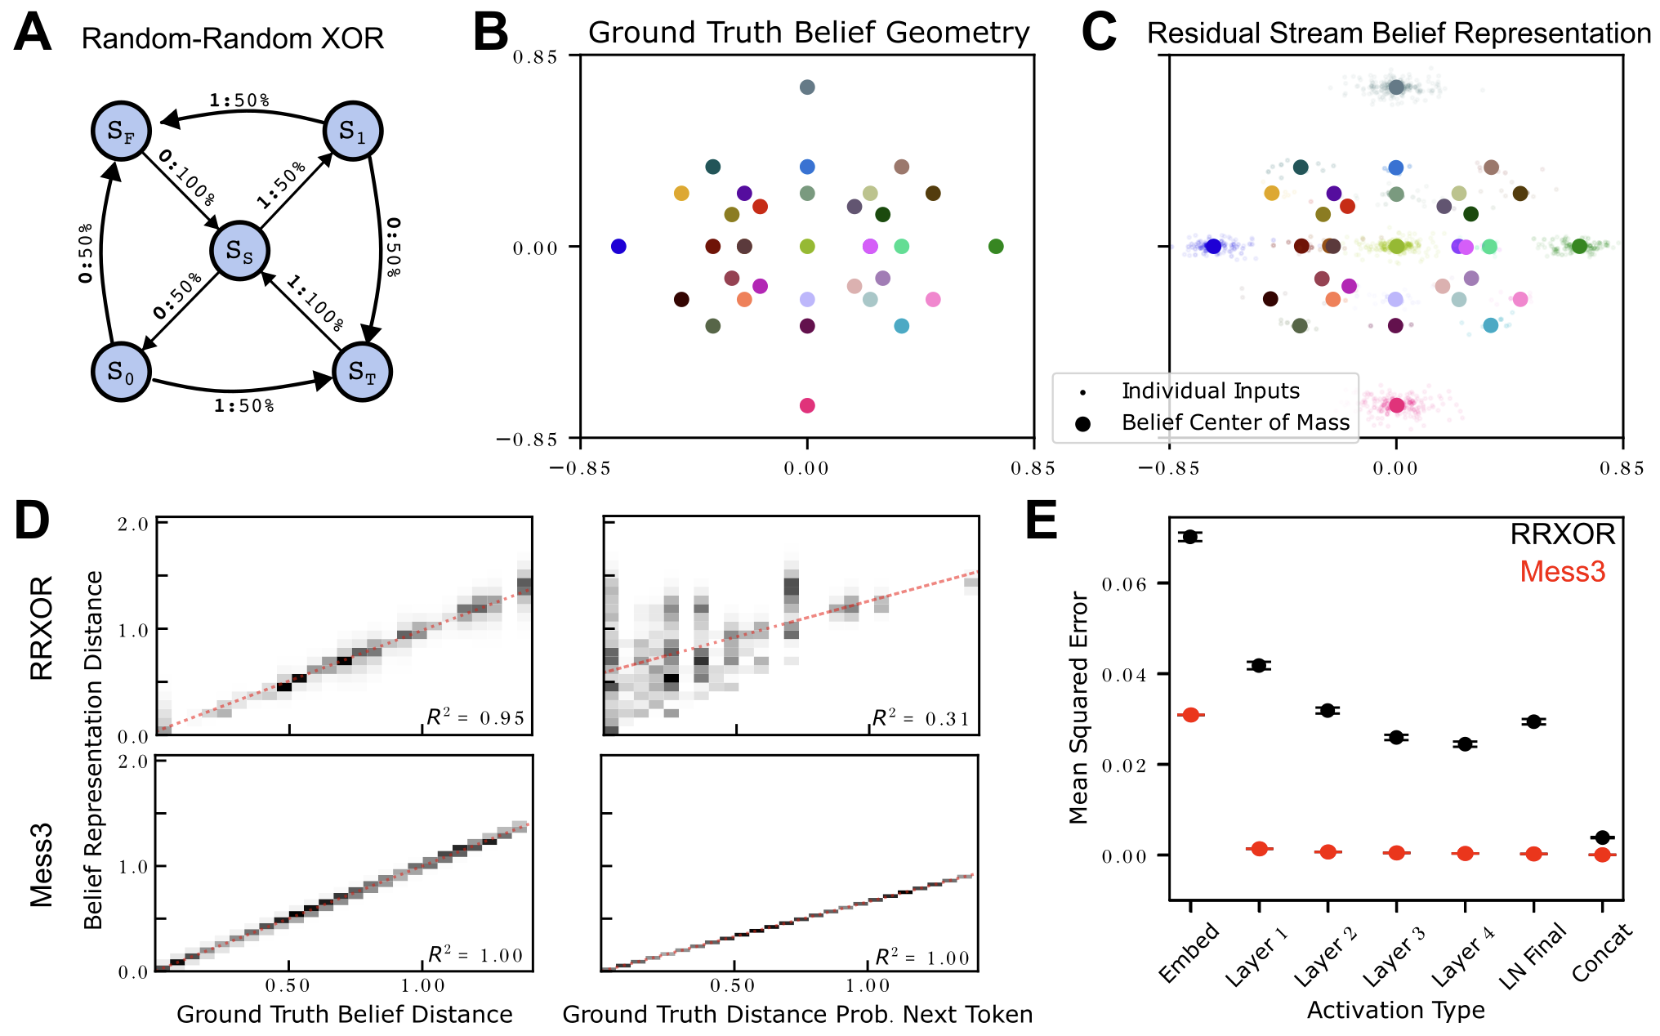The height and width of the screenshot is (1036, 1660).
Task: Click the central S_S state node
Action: click(x=239, y=251)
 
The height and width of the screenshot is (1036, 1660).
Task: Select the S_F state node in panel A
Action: click(x=121, y=132)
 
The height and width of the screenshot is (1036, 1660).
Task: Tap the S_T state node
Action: click(x=362, y=373)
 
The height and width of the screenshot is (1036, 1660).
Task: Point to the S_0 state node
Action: click(x=121, y=373)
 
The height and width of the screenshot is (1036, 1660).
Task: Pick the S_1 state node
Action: click(x=353, y=131)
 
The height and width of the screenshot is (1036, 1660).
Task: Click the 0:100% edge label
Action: click(x=188, y=177)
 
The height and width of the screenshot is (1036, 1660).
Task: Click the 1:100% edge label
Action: click(x=315, y=303)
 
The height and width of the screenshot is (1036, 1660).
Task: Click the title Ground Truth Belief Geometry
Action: click(x=809, y=33)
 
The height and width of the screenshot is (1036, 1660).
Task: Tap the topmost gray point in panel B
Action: click(x=807, y=87)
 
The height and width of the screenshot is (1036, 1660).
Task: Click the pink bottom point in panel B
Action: click(x=807, y=405)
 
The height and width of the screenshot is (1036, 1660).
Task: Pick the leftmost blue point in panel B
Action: click(x=618, y=247)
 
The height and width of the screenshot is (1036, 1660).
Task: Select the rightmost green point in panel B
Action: click(x=996, y=247)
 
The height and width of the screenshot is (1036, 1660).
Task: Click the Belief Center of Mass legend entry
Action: click(x=1235, y=422)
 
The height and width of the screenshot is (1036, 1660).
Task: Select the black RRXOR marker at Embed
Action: click(x=1190, y=537)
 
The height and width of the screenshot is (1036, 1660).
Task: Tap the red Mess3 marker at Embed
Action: click(x=1190, y=715)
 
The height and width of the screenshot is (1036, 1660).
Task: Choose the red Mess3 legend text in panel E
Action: click(x=1562, y=571)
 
